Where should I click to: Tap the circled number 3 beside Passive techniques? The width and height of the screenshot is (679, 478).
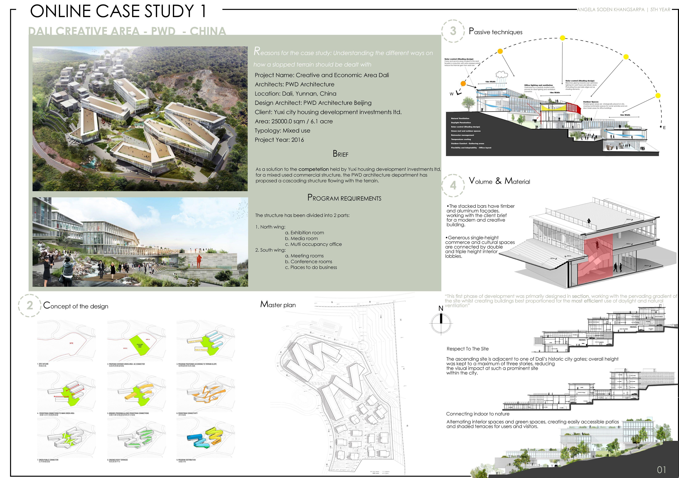453,31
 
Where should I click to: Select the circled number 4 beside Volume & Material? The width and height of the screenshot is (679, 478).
453,185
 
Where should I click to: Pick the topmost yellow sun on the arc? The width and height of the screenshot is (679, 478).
563,38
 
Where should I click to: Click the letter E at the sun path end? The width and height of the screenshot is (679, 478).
664,128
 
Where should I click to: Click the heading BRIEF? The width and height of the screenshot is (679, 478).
340,154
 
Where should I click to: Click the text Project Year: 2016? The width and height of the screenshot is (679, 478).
279,140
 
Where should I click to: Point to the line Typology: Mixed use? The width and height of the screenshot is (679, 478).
282,131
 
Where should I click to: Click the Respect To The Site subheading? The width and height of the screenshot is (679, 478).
468,349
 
